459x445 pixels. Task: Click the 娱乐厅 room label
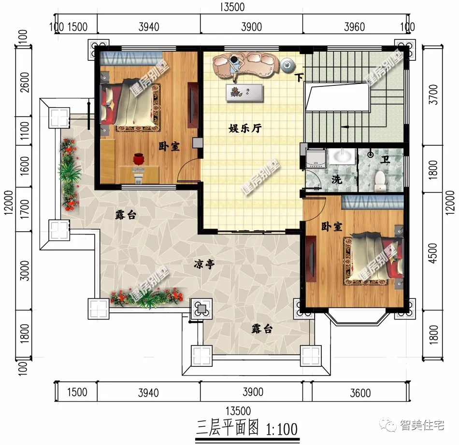point(245,128)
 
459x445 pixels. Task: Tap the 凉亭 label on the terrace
point(204,264)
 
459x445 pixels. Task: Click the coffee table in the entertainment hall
point(244,93)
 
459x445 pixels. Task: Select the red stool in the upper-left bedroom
point(139,159)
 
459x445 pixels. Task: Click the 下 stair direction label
point(299,78)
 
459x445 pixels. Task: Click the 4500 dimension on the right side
point(432,253)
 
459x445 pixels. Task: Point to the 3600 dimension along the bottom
point(360,393)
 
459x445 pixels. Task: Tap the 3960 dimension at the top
point(354,27)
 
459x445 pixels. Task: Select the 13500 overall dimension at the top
point(232,7)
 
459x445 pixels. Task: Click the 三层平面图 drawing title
point(228,428)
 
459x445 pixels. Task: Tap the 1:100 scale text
point(282,429)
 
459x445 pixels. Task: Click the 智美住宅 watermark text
point(422,425)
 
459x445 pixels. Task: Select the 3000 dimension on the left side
point(25,270)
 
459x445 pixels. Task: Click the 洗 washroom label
point(337,179)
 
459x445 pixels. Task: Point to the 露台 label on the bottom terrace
point(262,329)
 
